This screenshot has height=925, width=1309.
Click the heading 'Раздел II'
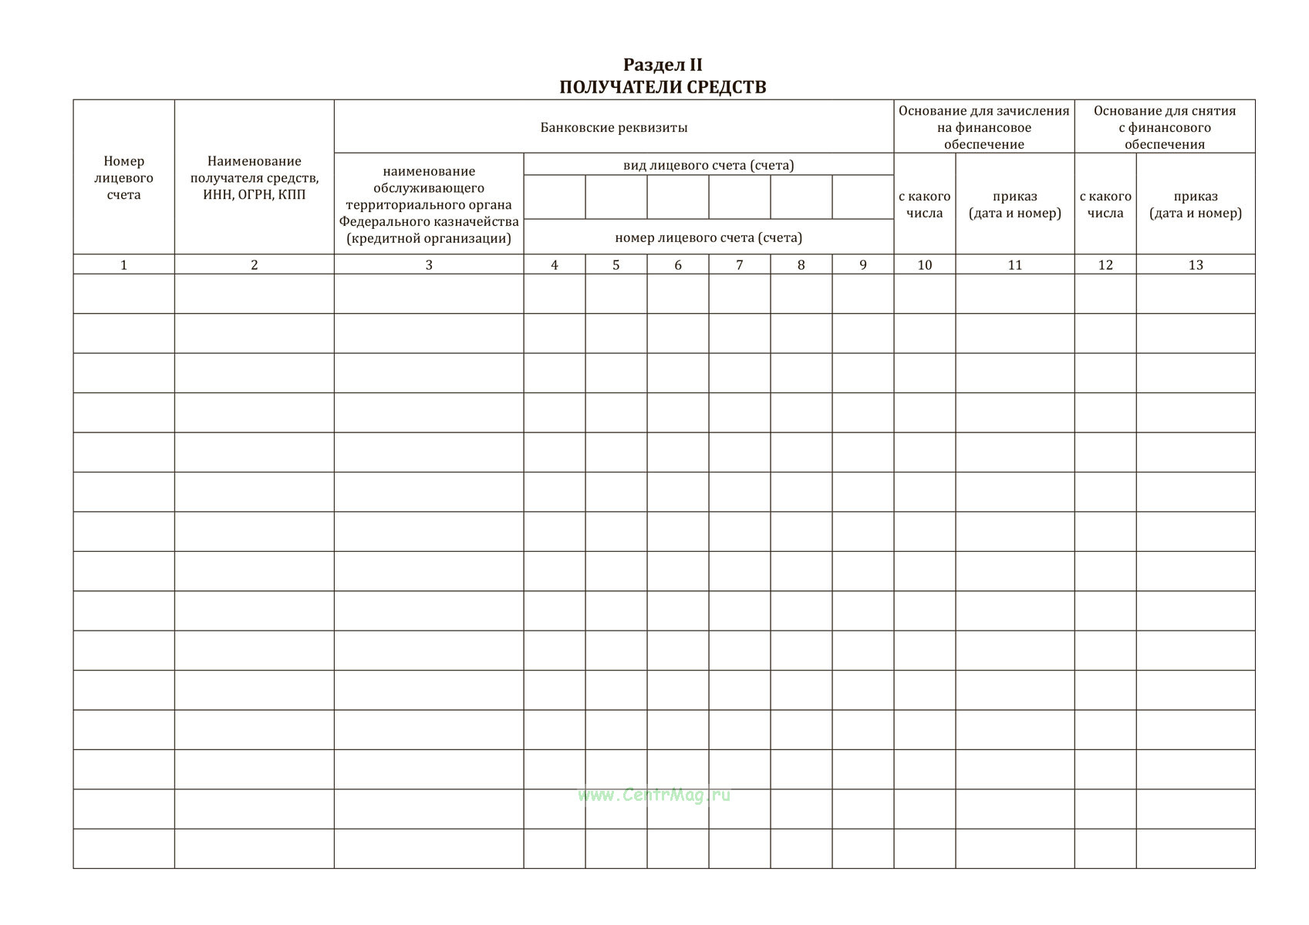tap(663, 66)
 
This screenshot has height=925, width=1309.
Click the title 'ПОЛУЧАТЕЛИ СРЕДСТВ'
tap(663, 87)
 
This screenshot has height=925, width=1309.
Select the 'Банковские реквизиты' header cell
tap(613, 127)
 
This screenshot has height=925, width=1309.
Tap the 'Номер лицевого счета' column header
tap(123, 178)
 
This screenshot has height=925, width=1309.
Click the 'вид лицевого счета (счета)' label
tap(708, 165)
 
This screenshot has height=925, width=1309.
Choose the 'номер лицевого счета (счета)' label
tap(708, 237)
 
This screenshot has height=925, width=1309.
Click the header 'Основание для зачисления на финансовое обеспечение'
tap(983, 127)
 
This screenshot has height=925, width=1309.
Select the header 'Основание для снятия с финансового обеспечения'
tap(1164, 127)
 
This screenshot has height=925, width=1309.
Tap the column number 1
tap(123, 265)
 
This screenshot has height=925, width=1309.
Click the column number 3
tap(429, 265)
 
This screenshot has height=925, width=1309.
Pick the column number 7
tap(739, 265)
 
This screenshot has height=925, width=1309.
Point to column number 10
tap(924, 265)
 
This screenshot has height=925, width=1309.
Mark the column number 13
tap(1195, 265)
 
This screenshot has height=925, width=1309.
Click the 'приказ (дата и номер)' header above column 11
tap(1014, 205)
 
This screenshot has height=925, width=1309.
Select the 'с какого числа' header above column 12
tap(1105, 205)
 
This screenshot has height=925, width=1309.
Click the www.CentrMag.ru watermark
tap(653, 795)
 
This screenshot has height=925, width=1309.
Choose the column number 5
tap(616, 265)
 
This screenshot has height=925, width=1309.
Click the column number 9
tap(862, 265)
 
